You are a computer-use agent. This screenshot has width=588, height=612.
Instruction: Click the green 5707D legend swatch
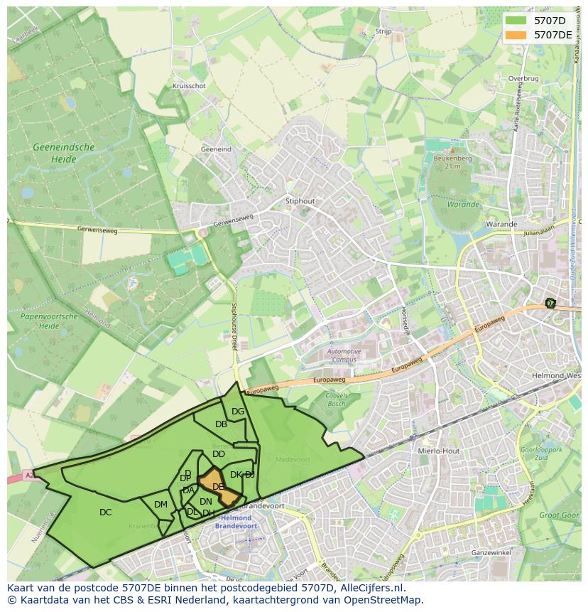516,21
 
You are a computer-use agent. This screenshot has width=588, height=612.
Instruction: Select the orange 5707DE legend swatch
516,35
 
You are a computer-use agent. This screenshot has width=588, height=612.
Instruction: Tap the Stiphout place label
300,201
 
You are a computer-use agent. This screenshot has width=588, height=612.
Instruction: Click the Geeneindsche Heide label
63,154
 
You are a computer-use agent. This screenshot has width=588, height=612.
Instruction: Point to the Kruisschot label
189,86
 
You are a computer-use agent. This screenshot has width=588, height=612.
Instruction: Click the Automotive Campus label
344,355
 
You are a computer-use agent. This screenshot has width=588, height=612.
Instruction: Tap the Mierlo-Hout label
440,451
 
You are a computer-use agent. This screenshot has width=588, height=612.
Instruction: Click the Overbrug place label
523,79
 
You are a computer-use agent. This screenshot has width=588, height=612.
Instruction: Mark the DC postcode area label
105,512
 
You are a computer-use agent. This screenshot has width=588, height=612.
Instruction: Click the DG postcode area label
238,412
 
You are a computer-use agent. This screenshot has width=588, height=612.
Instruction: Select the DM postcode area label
160,505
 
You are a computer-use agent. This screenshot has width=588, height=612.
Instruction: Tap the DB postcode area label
221,424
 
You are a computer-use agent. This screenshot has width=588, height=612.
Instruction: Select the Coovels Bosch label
335,399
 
